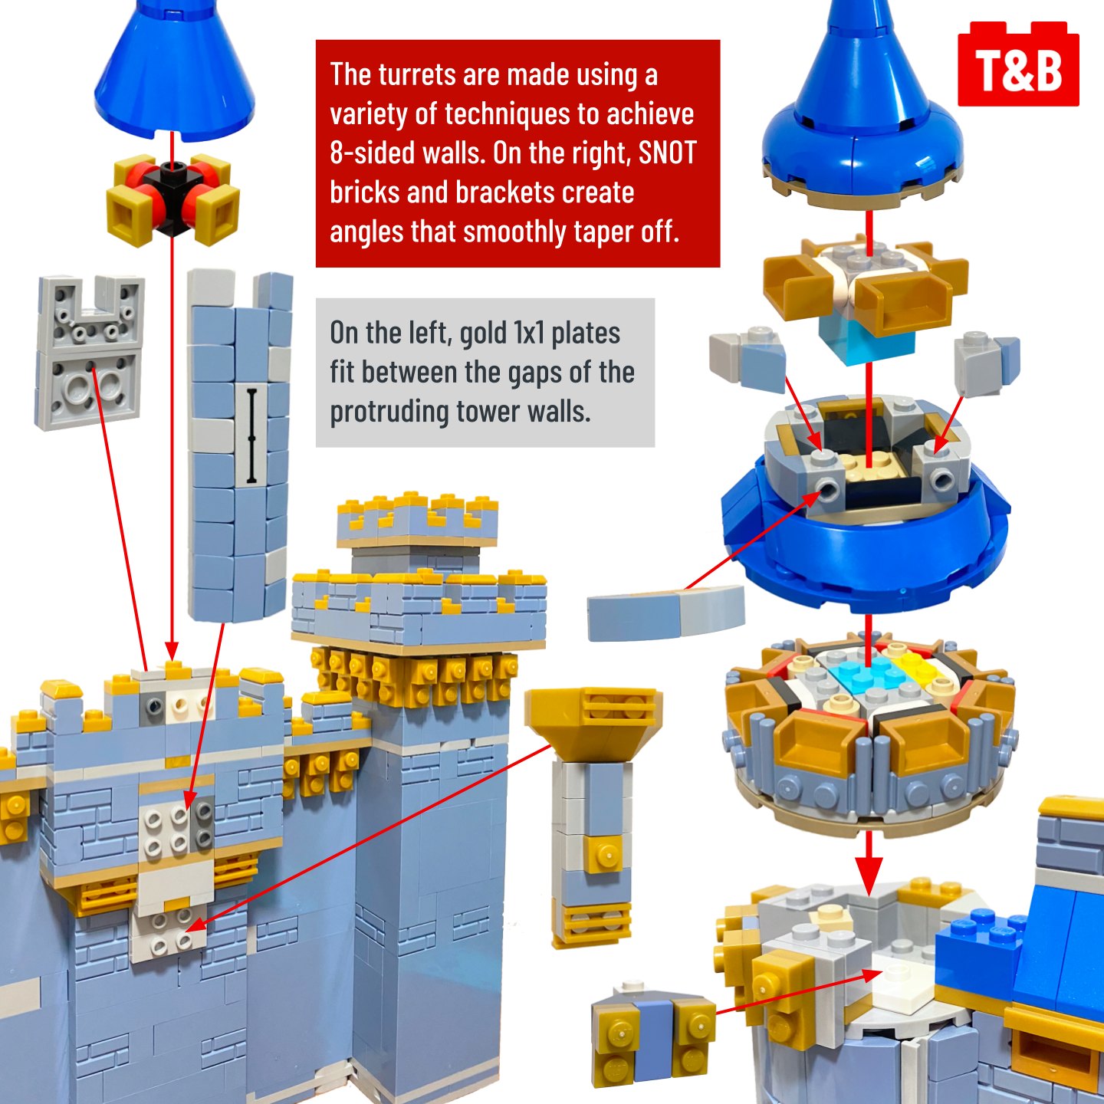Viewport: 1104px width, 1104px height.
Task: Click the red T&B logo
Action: tap(1018, 64)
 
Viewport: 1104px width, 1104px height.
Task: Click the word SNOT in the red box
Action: tap(668, 153)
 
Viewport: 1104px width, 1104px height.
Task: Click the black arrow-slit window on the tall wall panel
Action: tap(251, 435)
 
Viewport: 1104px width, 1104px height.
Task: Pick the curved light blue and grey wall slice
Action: tap(665, 612)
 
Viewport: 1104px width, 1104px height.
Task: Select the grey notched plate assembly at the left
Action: tap(90, 353)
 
